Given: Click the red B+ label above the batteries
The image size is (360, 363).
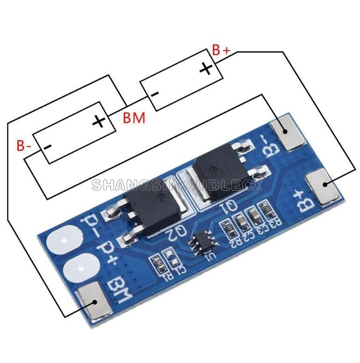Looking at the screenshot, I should (221, 50).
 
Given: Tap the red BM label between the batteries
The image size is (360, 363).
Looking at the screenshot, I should (134, 118).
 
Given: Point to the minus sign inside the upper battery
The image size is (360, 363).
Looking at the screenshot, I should (155, 94).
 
